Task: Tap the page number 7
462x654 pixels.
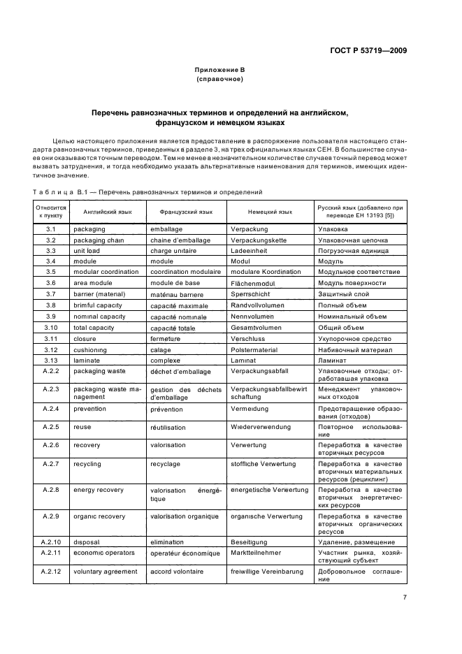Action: pos(405,597)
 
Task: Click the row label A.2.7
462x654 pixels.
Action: pos(50,464)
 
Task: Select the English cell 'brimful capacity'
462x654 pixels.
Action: pos(98,305)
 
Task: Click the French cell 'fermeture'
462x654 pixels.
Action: pos(166,339)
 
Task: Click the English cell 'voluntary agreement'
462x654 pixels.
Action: pos(106,571)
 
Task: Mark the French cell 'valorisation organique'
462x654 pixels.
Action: pos(185,516)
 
